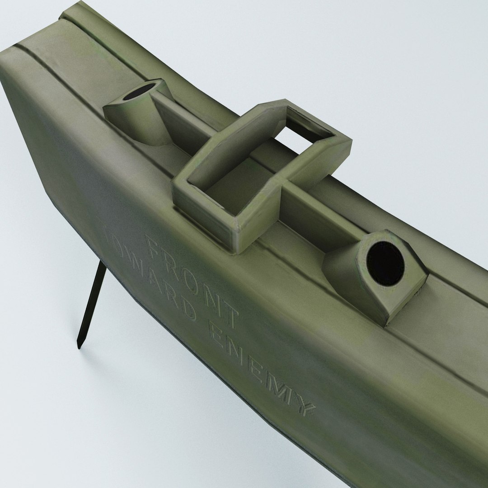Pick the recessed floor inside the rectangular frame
(235, 190)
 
